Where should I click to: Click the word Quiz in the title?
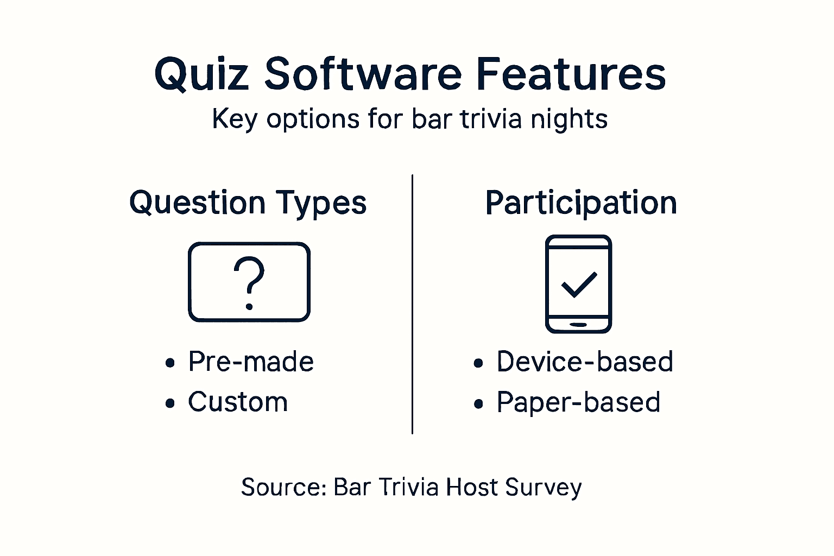click(201, 74)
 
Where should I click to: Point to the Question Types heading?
click(248, 203)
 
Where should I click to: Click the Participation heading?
click(581, 203)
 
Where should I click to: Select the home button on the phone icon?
click(578, 325)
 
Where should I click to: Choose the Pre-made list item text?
click(251, 362)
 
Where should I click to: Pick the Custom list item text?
click(238, 402)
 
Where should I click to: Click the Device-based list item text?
click(585, 362)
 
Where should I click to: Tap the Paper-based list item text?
click(578, 403)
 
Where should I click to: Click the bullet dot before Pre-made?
click(170, 363)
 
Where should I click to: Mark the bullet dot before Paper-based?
click(478, 404)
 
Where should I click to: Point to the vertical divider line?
click(413, 304)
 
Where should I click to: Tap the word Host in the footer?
click(472, 487)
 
